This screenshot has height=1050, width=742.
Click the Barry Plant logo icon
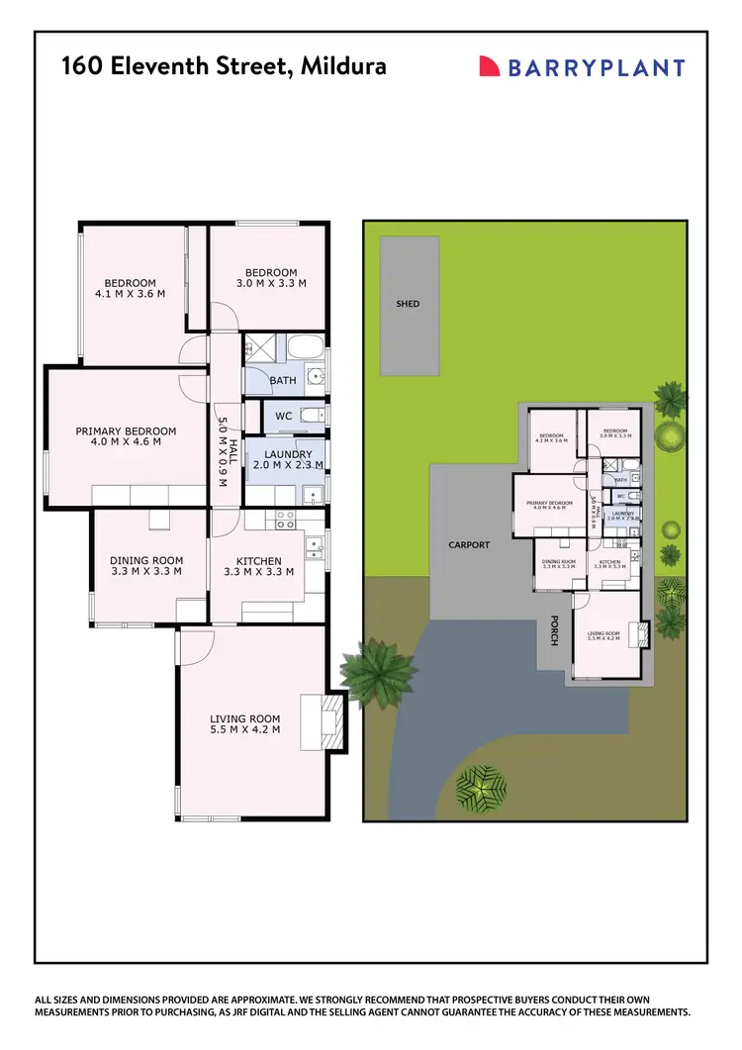[489, 66]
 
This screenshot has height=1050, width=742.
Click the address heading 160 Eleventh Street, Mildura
[224, 66]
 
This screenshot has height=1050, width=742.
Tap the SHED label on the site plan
[408, 304]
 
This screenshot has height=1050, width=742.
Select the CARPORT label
[469, 544]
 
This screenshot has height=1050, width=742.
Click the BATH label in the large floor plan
[283, 380]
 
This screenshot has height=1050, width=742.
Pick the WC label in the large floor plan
[283, 416]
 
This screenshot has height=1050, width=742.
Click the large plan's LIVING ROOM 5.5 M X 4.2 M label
[244, 724]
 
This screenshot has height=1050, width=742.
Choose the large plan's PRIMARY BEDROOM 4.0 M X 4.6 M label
[126, 436]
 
